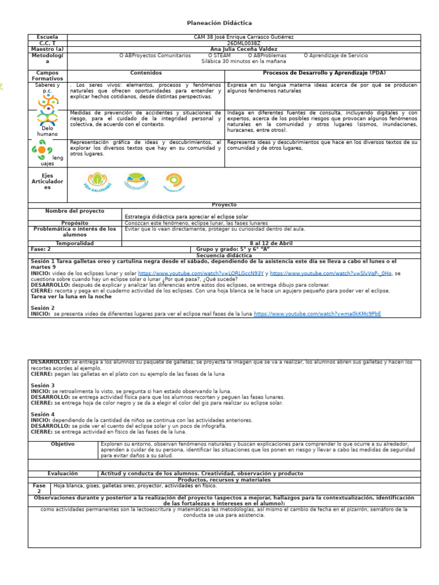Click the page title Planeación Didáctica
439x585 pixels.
219,23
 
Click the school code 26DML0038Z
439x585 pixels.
244,43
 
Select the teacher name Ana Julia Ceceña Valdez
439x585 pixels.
244,50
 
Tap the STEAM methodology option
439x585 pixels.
219,56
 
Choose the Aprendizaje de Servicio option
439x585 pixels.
336,56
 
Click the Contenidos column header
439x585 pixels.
146,73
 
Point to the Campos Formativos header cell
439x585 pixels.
47,76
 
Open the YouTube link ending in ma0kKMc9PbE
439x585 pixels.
317,314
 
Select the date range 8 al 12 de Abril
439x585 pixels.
271,243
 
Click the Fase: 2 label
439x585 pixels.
41,249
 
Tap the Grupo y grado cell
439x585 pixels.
232,249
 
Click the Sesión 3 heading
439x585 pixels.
43,386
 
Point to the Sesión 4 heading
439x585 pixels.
43,414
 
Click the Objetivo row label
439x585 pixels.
63,444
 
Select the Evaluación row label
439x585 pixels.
63,474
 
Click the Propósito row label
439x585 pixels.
75,223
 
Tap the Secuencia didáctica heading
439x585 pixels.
219,255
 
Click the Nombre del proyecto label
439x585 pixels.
75,211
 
